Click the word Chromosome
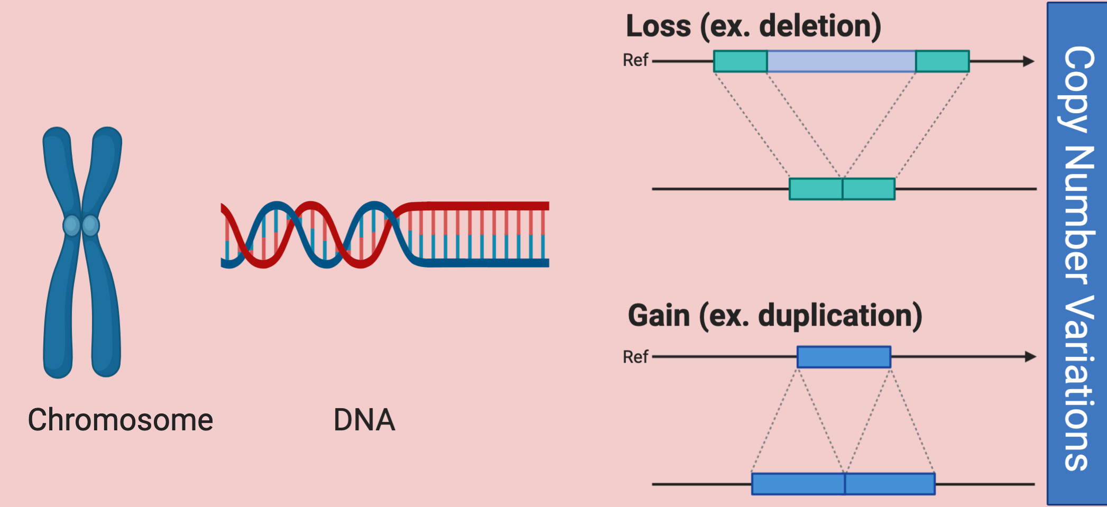[120, 420]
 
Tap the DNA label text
[364, 420]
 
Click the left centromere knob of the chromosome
[71, 225]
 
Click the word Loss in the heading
[658, 26]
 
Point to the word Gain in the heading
[659, 316]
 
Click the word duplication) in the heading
[840, 316]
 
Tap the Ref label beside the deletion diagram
[635, 60]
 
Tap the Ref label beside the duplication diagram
[635, 357]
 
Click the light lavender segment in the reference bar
[841, 61]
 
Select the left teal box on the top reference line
[740, 61]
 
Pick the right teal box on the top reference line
[942, 61]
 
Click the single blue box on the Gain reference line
[844, 357]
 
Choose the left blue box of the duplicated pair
[798, 484]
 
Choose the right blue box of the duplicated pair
[890, 484]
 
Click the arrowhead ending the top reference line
[1028, 61]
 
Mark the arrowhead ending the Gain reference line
[1030, 357]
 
